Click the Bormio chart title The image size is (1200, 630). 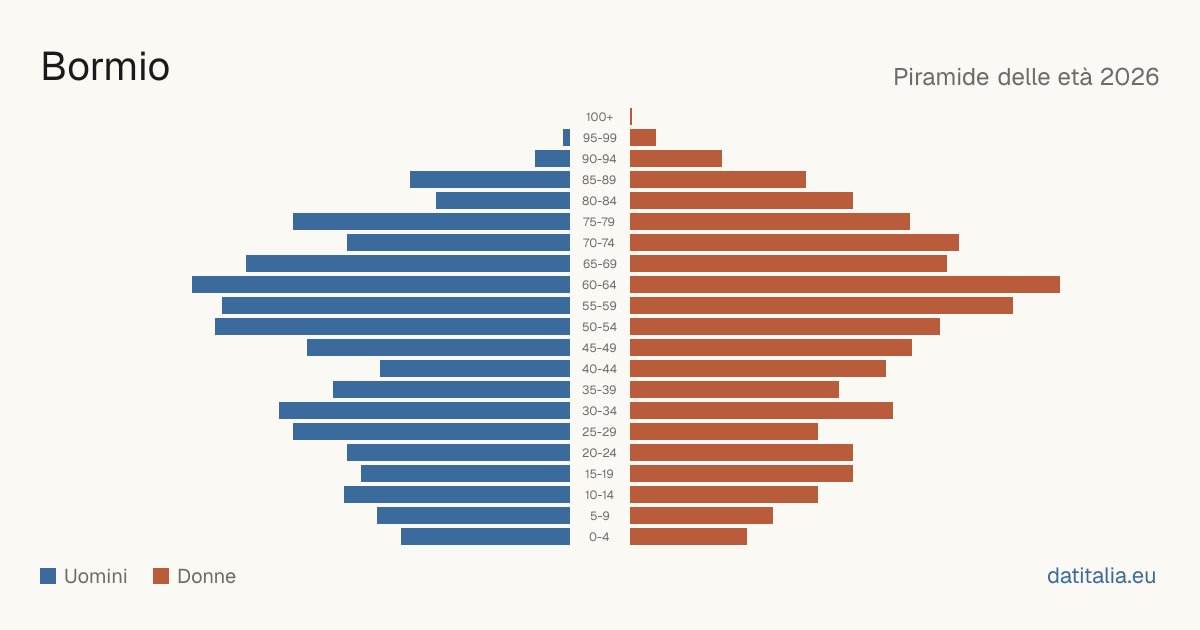point(106,67)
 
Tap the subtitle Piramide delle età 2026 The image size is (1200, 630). point(1026,77)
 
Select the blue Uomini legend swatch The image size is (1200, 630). point(48,576)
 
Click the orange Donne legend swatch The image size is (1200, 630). point(161,576)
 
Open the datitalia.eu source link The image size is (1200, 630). point(1101,576)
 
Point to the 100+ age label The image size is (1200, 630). point(599,117)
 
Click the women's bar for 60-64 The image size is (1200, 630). point(845,284)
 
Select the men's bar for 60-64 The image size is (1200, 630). point(381,284)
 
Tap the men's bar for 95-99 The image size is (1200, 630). point(566,138)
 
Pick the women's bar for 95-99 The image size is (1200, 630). point(643,138)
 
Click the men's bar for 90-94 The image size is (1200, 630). point(552,159)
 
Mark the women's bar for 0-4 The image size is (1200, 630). point(688,537)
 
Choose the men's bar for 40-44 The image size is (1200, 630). point(475,369)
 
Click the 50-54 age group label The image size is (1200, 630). point(599,327)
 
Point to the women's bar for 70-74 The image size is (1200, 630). point(794,243)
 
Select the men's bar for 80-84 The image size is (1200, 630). point(503,201)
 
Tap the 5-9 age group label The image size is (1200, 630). point(599,516)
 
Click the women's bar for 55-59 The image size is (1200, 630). point(821,305)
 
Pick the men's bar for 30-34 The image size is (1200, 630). point(424,411)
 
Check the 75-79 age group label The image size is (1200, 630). point(599,222)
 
